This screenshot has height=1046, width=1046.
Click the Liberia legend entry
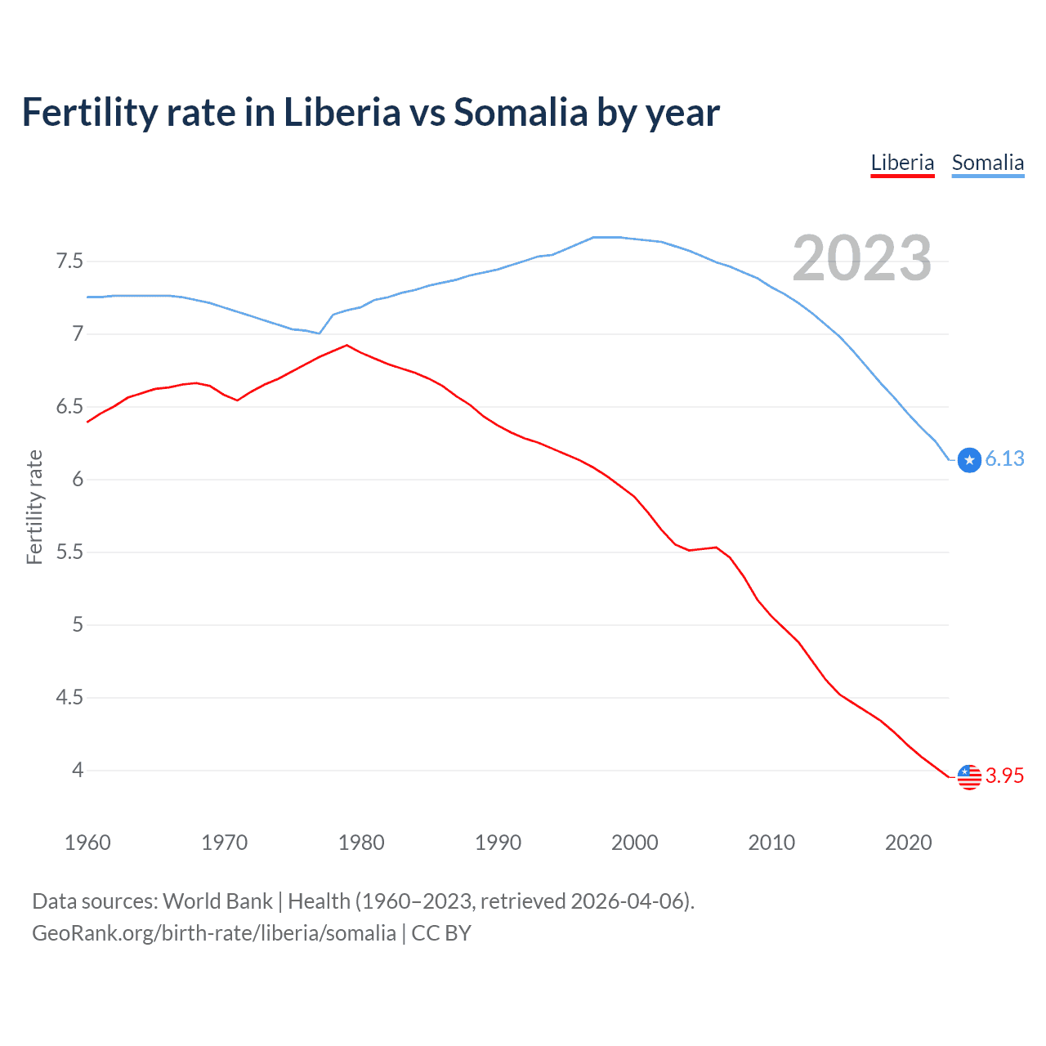click(902, 163)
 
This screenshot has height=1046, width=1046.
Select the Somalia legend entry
click(987, 163)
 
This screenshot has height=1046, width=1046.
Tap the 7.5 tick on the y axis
click(69, 261)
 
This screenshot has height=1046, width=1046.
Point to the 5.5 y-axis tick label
click(69, 552)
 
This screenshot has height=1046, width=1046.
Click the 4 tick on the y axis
click(78, 771)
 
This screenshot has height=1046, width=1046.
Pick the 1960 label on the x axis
click(87, 843)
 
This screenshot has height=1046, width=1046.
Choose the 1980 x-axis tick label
click(361, 843)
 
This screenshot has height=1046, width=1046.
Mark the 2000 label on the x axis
click(635, 843)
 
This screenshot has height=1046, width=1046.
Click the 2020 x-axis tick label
click(908, 843)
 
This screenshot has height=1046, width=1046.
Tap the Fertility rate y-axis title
click(34, 507)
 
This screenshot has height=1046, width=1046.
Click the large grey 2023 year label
click(861, 258)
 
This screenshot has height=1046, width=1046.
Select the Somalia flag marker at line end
click(969, 460)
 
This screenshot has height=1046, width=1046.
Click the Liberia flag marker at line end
click(969, 776)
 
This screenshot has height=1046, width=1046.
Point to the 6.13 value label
click(1004, 459)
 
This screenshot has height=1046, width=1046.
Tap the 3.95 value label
click(1004, 776)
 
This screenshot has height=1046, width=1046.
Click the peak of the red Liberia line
click(347, 345)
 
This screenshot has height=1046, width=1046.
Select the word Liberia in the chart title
click(342, 112)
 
